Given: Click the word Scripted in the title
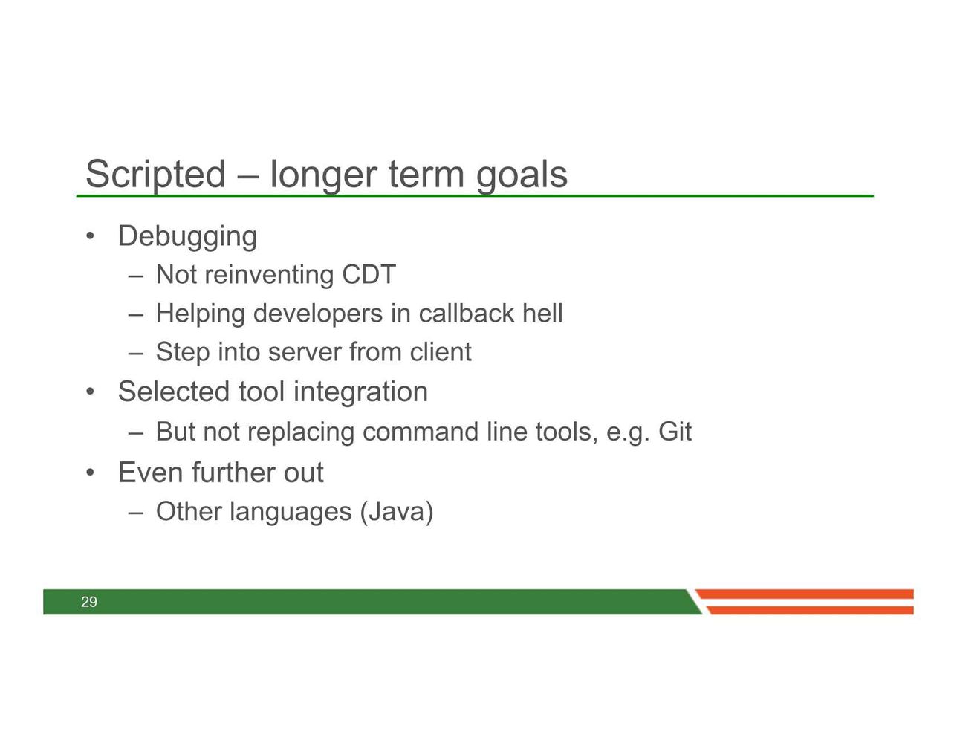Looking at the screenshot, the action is (155, 175).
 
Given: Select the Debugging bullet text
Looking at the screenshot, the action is (188, 237).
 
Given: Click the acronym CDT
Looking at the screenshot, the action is (369, 274).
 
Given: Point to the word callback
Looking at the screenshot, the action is (466, 313).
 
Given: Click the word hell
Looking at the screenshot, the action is (542, 313).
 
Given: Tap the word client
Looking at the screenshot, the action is (441, 351).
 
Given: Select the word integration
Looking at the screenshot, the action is (360, 392).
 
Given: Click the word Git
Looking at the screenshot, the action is (675, 432).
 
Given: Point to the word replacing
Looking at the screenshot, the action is (300, 432).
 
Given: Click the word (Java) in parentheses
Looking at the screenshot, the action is (397, 512).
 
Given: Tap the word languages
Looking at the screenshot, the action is (291, 513).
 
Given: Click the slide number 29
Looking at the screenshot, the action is (89, 602).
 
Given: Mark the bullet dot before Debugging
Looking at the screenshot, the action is (91, 237).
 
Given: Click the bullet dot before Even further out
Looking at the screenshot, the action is (91, 473).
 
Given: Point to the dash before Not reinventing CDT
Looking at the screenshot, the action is (136, 277).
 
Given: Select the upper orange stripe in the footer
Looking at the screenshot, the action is (804, 594).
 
